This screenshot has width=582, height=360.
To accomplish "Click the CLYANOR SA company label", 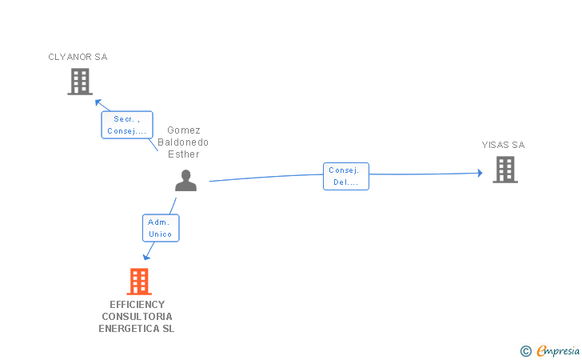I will (78, 57).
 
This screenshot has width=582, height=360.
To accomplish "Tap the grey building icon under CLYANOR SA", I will (80, 82).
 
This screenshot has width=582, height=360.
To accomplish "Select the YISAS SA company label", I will (503, 145).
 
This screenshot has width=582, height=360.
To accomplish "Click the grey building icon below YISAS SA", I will (505, 170).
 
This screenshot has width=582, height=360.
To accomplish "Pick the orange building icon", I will (139, 282).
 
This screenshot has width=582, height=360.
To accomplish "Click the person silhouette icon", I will (185, 181).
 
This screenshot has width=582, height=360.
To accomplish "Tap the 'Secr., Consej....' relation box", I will (127, 125).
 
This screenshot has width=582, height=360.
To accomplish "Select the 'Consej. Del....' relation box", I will (346, 176).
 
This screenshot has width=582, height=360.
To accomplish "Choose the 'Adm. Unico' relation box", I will (161, 228).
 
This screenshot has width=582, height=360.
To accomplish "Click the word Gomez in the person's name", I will (184, 130).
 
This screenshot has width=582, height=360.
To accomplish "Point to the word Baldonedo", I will (183, 142).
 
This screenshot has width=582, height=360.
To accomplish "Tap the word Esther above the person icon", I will (183, 154).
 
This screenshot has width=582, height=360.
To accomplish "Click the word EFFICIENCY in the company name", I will (138, 304).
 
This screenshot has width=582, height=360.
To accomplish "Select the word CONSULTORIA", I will (138, 316).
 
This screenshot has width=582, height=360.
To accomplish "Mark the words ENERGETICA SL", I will (137, 328).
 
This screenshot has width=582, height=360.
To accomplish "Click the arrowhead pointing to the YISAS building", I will (479, 173).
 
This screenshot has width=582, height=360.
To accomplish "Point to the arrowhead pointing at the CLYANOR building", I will (98, 102).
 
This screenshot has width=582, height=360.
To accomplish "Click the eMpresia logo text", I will (558, 350).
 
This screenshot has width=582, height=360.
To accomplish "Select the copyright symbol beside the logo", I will (525, 350).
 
